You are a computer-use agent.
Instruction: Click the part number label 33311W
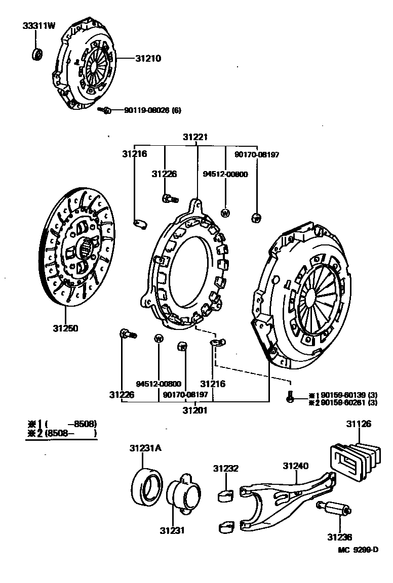pos(38,25)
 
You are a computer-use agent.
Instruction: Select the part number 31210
pos(148,58)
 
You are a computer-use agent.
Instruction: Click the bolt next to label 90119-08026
pos(104,110)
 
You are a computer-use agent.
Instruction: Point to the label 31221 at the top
pos(195,137)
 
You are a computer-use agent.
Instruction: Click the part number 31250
pos(65,328)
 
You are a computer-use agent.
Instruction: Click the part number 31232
pos(225,469)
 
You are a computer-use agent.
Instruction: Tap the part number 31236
pos(339,537)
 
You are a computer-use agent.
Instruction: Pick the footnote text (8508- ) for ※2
pos(70,433)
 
